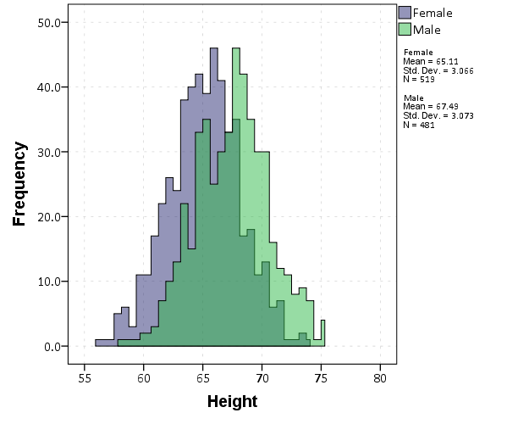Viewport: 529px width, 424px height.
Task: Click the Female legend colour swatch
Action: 405,13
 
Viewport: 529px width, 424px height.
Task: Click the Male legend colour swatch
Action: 405,30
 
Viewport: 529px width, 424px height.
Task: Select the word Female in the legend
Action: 432,13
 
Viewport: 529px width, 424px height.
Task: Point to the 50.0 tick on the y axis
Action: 49,22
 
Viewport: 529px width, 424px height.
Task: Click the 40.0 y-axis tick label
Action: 49,86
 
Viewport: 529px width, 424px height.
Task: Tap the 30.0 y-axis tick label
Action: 49,152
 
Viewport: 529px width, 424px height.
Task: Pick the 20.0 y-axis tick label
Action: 49,216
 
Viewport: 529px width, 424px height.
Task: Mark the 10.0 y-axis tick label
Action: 49,282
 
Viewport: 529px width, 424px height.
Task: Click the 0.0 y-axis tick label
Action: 52,346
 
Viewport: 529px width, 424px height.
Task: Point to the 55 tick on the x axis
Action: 85,377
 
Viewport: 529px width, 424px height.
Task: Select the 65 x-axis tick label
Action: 203,377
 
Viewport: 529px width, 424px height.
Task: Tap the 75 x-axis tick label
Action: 322,377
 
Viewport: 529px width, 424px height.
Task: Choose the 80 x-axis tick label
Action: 381,377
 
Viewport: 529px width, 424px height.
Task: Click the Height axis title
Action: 232,401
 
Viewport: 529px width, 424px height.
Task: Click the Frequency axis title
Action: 19,184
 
